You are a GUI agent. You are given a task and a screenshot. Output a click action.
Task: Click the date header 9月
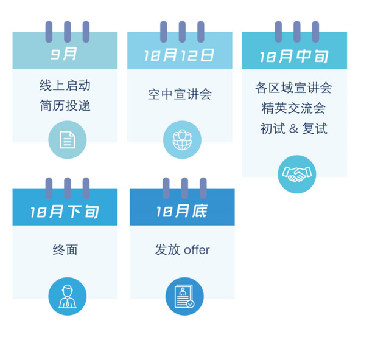click(65, 54)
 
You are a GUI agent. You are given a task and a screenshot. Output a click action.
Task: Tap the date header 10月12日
click(180, 55)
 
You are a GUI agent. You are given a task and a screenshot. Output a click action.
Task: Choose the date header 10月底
click(182, 212)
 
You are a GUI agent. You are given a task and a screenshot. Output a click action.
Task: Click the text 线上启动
click(65, 85)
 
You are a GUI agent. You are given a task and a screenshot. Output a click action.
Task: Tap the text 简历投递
click(65, 106)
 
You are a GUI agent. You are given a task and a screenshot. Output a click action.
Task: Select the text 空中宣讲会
click(180, 94)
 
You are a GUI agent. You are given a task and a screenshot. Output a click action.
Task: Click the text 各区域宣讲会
click(294, 88)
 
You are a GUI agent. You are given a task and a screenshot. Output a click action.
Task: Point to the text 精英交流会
click(294, 108)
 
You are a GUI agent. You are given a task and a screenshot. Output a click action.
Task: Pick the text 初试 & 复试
click(294, 129)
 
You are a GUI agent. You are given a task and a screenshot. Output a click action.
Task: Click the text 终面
click(65, 250)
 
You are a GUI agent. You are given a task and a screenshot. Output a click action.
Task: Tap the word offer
click(197, 250)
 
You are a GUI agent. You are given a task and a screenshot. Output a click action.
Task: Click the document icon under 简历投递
click(67, 140)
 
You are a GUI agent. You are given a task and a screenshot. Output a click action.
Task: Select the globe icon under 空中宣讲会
click(181, 140)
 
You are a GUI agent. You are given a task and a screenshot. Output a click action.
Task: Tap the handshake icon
click(296, 175)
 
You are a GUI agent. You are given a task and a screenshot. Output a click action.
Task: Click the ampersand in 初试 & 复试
click(294, 129)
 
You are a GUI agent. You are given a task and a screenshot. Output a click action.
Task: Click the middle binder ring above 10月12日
click(181, 31)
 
